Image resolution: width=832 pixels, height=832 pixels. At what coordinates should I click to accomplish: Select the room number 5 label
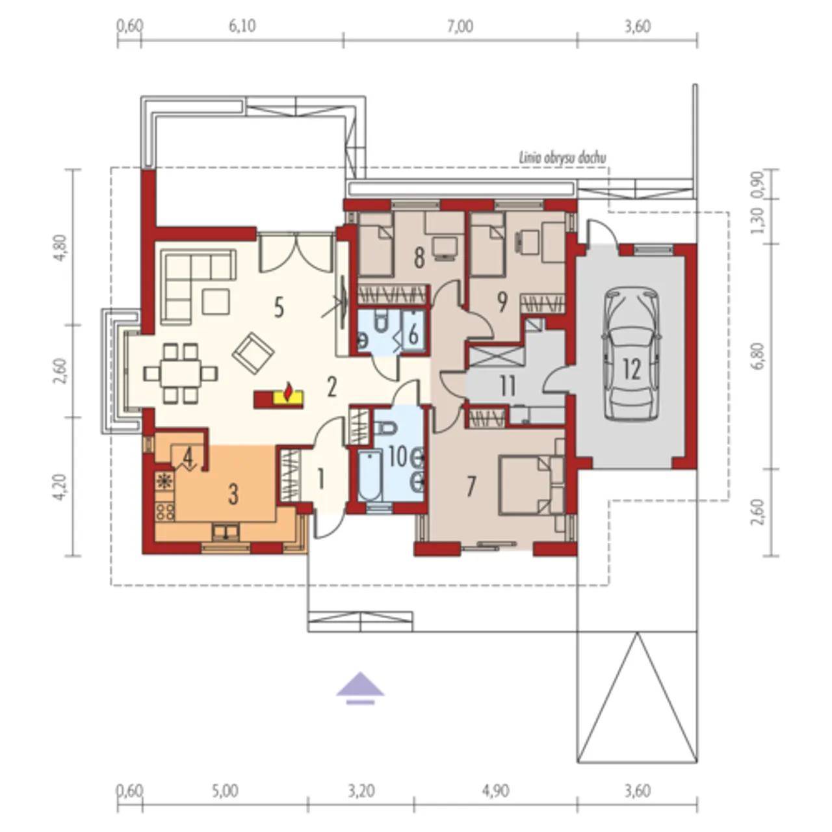tap(279, 308)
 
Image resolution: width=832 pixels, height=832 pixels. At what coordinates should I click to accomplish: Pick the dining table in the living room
tap(181, 373)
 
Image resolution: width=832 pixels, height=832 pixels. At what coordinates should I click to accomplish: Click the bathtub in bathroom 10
tap(370, 475)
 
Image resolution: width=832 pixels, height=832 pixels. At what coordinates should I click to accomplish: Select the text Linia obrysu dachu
tap(562, 158)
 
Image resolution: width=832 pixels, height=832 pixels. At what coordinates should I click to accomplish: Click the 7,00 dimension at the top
tap(460, 27)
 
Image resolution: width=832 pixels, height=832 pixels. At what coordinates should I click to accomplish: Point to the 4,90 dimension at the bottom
tap(496, 791)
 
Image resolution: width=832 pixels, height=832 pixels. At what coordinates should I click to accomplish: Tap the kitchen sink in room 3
tap(225, 532)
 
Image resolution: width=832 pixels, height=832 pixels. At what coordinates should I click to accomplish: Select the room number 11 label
tap(508, 386)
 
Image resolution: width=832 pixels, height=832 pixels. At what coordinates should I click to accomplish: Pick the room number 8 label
tap(419, 258)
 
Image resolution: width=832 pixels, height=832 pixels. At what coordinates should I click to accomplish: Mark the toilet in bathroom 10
tap(385, 428)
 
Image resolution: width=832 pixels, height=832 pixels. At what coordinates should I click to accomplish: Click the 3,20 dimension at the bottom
tap(361, 791)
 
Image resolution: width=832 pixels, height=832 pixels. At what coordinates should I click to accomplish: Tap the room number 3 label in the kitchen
tap(233, 495)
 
